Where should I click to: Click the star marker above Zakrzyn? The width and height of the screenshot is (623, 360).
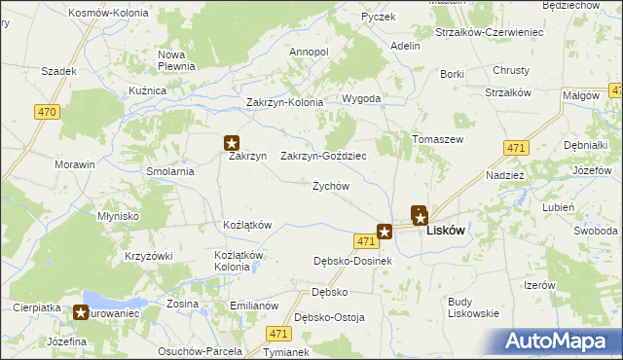click(x=232, y=142)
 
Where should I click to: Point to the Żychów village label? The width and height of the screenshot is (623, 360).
click(x=330, y=186)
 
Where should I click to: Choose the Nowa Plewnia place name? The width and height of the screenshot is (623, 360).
click(x=178, y=60)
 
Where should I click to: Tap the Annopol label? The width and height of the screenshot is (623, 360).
click(x=310, y=51)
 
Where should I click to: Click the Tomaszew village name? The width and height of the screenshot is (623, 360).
click(x=437, y=139)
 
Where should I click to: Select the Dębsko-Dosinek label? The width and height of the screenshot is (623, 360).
click(x=352, y=261)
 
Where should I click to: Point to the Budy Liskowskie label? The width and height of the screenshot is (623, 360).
click(x=473, y=307)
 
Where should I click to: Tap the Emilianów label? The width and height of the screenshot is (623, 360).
click(x=254, y=305)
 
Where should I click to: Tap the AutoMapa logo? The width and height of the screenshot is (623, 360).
click(x=559, y=342)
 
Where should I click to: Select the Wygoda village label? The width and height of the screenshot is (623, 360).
click(x=361, y=99)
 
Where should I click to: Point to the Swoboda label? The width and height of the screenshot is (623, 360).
click(x=596, y=231)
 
